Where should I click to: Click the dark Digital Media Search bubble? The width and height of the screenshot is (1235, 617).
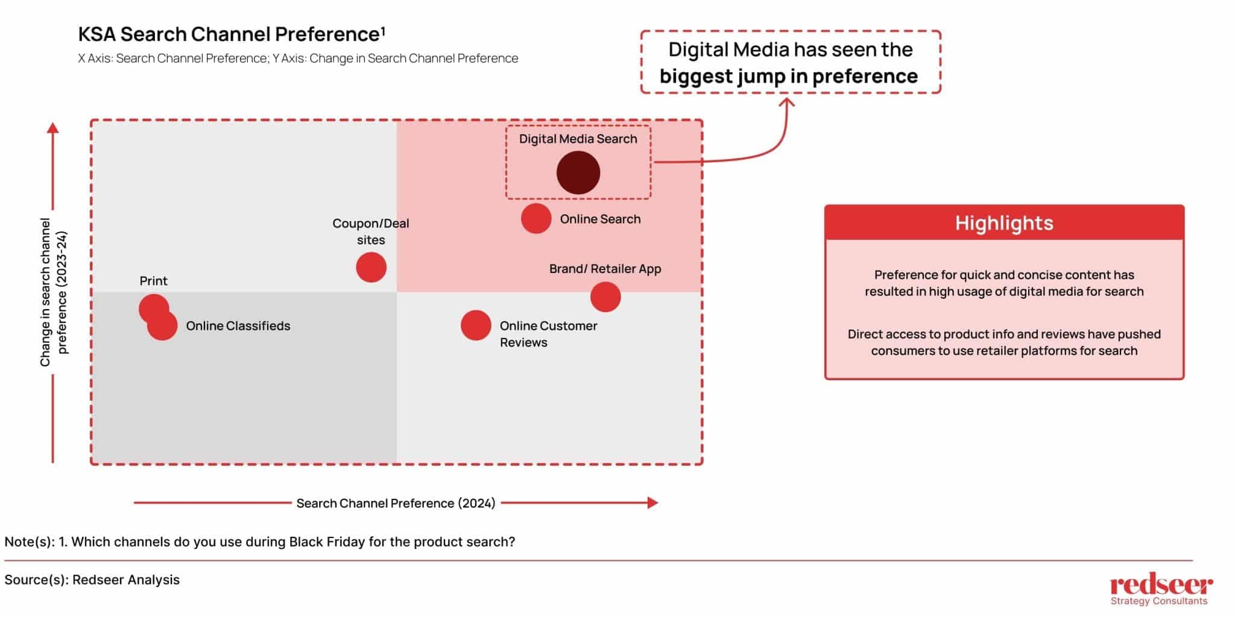click(x=578, y=172)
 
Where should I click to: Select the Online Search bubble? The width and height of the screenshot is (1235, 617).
click(x=536, y=218)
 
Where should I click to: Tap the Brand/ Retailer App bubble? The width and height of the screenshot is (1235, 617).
click(x=605, y=296)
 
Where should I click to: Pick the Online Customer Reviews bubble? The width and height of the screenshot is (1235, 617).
click(x=476, y=325)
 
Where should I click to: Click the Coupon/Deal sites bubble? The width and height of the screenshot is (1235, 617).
click(x=371, y=268)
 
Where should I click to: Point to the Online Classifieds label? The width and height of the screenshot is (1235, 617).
click(x=238, y=326)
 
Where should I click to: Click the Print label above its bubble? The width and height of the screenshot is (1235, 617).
click(x=153, y=281)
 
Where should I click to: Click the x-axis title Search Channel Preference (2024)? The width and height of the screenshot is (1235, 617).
click(x=396, y=503)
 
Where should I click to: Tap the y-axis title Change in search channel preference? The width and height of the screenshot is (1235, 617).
click(x=54, y=292)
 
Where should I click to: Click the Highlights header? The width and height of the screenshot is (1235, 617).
click(x=1004, y=223)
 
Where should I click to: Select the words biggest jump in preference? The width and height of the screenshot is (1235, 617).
click(x=788, y=77)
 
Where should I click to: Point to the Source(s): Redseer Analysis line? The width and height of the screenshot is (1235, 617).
click(x=92, y=580)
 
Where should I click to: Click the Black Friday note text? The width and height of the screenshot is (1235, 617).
click(x=259, y=542)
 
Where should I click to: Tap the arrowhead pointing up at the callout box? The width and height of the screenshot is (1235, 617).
click(x=787, y=102)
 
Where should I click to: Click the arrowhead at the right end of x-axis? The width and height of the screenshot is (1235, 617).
click(x=652, y=503)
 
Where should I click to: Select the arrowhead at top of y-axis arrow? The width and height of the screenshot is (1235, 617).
click(x=53, y=128)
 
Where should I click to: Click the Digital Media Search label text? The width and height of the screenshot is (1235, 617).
click(x=578, y=139)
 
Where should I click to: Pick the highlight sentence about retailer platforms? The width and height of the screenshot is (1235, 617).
click(x=1004, y=342)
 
